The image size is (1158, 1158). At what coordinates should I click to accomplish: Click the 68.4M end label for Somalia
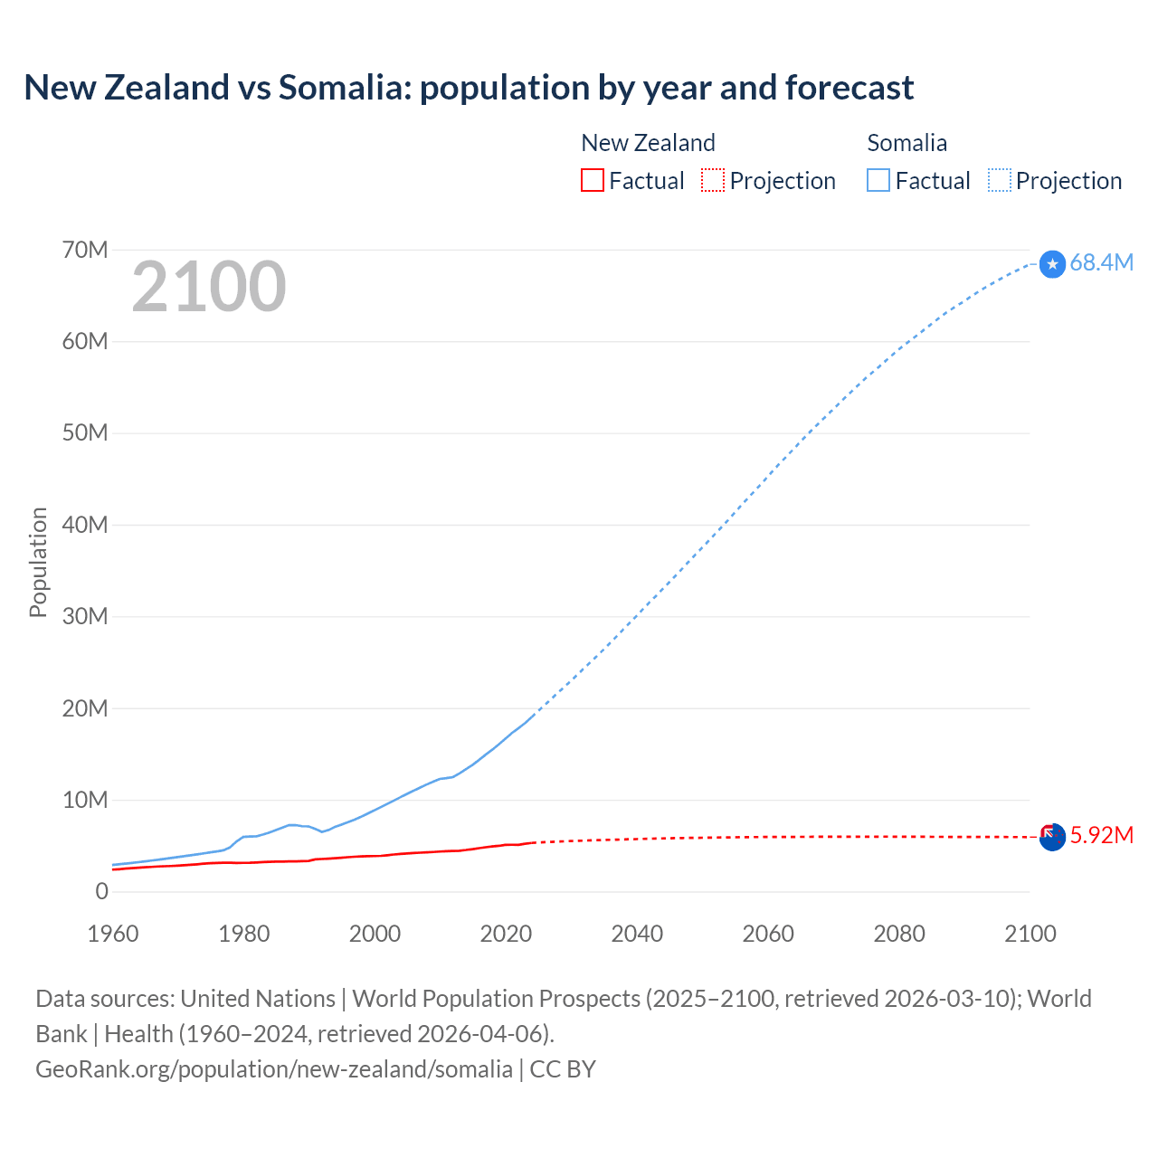click(x=1101, y=262)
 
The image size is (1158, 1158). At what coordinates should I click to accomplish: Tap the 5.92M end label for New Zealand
click(x=1101, y=835)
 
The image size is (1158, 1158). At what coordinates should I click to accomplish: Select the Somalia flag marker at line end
click(x=1052, y=264)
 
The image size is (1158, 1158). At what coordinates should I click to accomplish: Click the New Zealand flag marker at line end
click(x=1051, y=837)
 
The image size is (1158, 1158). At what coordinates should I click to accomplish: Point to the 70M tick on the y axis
click(x=85, y=250)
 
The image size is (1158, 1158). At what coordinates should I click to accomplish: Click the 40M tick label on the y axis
click(x=85, y=525)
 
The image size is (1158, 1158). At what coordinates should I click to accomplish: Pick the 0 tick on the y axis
click(x=101, y=891)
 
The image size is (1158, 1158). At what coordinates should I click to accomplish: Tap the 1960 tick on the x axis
click(x=113, y=934)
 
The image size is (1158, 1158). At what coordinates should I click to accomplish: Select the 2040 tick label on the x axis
click(x=637, y=934)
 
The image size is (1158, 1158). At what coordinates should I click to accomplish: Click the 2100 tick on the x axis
click(x=1030, y=934)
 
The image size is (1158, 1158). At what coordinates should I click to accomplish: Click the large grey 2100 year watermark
click(x=209, y=287)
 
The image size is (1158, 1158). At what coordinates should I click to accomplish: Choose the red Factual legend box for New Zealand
click(x=593, y=180)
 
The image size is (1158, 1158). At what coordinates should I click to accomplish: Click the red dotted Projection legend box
click(x=713, y=180)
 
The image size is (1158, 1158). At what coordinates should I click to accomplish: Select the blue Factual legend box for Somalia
click(x=878, y=180)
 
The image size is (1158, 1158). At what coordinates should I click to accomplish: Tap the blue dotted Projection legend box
click(x=1000, y=180)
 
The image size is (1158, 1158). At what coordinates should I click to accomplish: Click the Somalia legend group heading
click(x=906, y=143)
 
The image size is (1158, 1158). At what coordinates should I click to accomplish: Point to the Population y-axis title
click(x=38, y=562)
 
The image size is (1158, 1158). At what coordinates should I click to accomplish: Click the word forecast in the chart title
click(x=850, y=88)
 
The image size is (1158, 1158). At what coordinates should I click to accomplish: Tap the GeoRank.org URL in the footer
click(x=273, y=1068)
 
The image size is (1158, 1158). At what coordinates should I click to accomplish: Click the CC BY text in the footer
click(x=563, y=1068)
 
